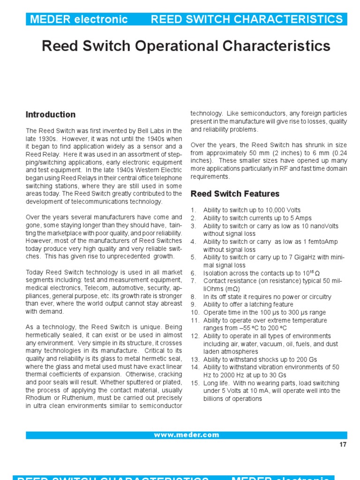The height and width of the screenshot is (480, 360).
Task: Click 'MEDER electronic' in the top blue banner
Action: [x=78, y=19]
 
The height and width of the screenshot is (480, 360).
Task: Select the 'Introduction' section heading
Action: [x=51, y=114]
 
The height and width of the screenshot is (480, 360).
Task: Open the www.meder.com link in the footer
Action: [x=186, y=435]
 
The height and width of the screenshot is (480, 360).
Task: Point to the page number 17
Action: [x=343, y=445]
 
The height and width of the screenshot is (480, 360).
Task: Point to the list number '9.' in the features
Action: [x=194, y=305]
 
